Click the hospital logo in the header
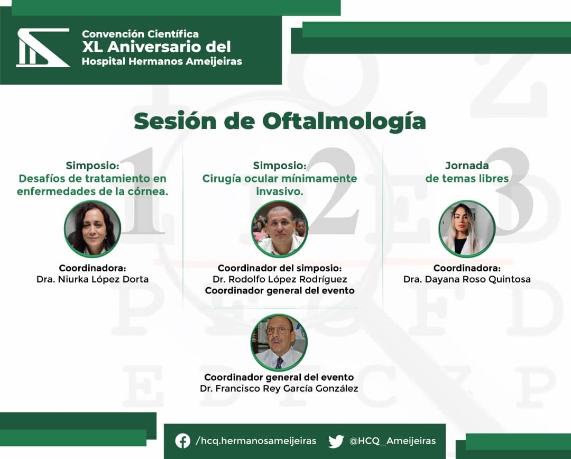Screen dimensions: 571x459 click(x=43, y=48)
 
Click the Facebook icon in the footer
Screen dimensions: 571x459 click(x=182, y=441)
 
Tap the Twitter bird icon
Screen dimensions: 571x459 click(x=336, y=441)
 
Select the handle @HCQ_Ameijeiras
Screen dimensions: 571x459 click(x=392, y=441)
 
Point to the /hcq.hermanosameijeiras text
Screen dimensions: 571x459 click(x=256, y=441)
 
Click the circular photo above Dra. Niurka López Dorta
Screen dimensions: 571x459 click(x=93, y=229)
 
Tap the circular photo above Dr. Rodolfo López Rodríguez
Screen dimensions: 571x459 click(x=280, y=229)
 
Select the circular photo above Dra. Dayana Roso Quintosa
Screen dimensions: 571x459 click(x=467, y=229)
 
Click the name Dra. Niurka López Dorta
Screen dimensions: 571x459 click(x=93, y=279)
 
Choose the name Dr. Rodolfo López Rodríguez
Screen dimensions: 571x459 click(x=280, y=279)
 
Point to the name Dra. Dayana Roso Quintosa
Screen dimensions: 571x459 click(x=467, y=279)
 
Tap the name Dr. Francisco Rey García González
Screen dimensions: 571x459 click(x=279, y=388)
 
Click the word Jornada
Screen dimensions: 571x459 click(x=467, y=166)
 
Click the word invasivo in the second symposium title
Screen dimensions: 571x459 click(x=280, y=191)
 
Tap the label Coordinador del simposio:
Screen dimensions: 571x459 click(x=280, y=268)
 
